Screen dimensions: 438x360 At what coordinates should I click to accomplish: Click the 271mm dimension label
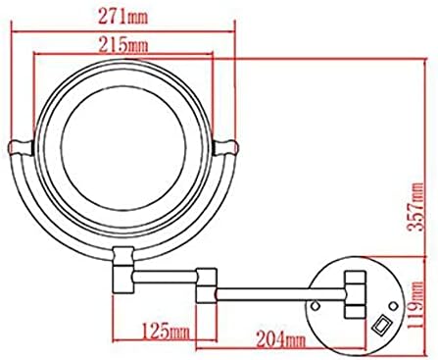click(123, 17)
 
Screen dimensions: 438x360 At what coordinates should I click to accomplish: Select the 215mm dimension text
click(123, 45)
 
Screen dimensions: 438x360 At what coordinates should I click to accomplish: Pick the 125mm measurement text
click(166, 331)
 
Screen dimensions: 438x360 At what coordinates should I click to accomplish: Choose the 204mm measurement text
click(281, 339)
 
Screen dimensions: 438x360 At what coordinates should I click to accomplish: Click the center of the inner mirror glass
click(123, 148)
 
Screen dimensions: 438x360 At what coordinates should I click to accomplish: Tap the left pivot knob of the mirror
click(21, 147)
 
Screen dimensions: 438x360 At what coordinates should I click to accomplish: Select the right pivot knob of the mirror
click(226, 147)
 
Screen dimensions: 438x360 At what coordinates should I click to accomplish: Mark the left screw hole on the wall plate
click(315, 306)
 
